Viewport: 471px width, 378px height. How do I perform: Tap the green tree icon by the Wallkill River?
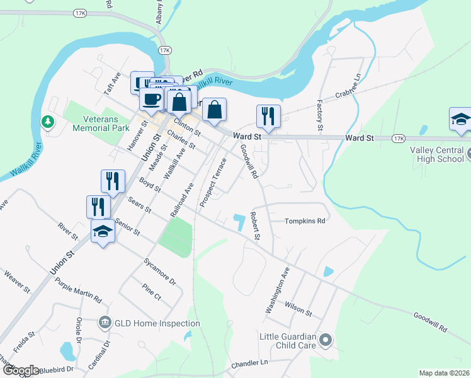click(x=47, y=121)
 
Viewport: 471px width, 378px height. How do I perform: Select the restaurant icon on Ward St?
click(x=268, y=117)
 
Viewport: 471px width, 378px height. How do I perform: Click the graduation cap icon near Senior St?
click(x=103, y=232)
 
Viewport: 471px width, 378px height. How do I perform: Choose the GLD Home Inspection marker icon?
click(x=105, y=323)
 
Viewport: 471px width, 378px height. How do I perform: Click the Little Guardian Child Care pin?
click(x=325, y=341)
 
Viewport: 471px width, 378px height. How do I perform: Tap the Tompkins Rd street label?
click(x=304, y=221)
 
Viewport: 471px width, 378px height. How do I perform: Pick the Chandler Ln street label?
click(x=249, y=363)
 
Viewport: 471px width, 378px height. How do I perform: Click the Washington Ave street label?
click(x=277, y=290)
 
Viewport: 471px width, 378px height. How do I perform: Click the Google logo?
click(x=20, y=370)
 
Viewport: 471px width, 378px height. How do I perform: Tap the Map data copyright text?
click(x=444, y=373)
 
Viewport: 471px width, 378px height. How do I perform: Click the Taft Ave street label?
click(x=111, y=83)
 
